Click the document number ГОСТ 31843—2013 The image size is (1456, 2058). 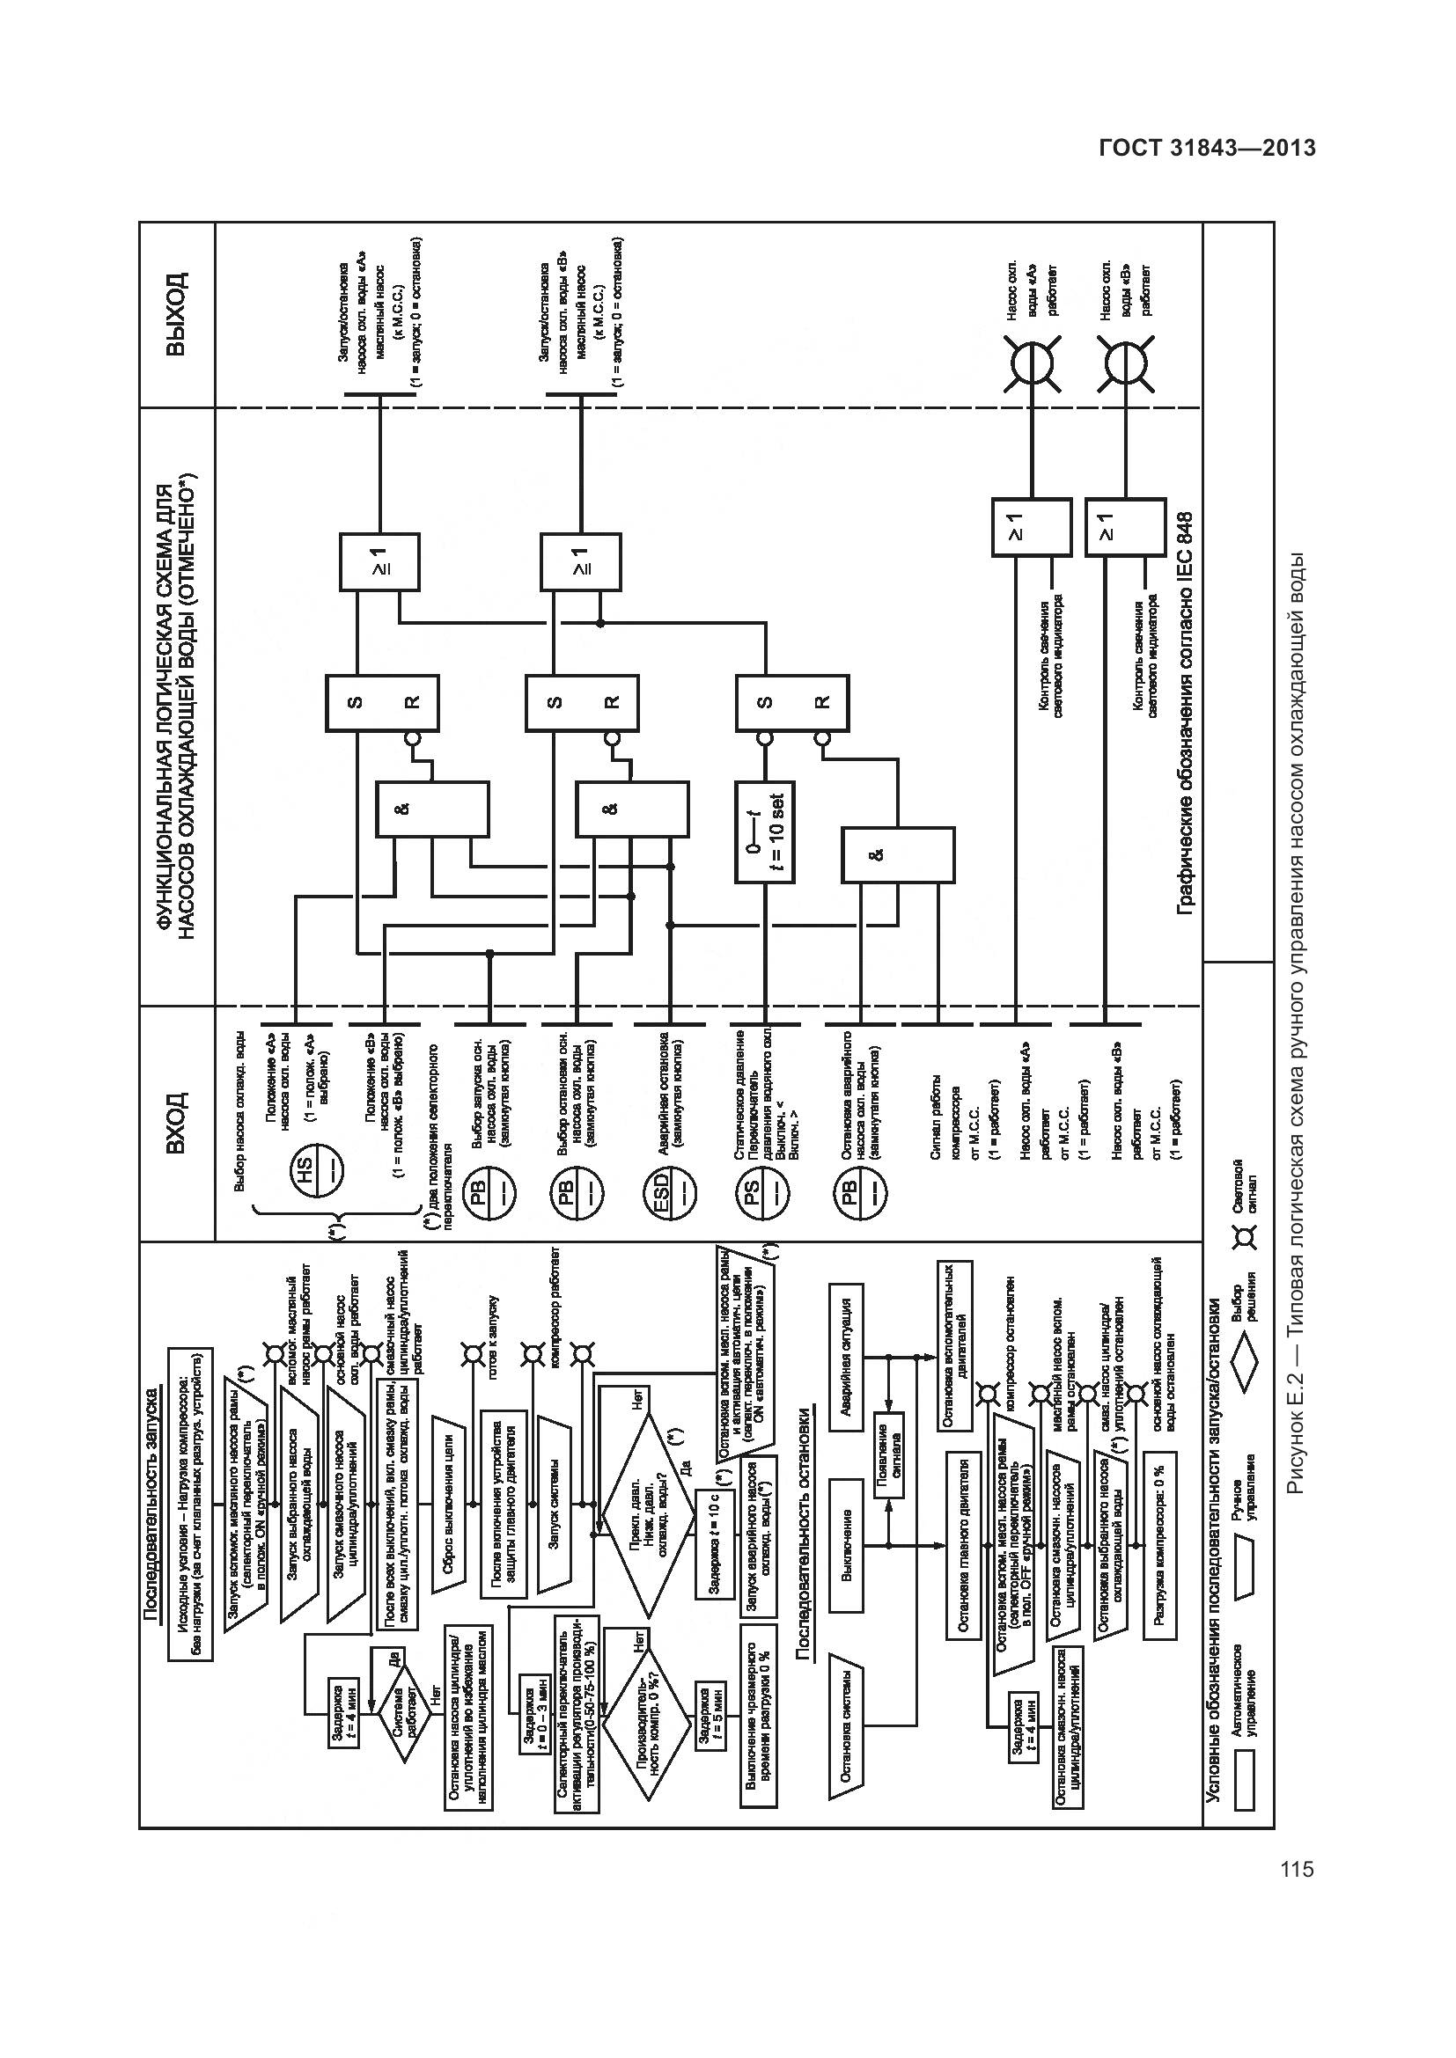click(x=1207, y=148)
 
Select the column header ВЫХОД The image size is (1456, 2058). click(x=178, y=316)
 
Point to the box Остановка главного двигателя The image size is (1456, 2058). click(x=966, y=1546)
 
